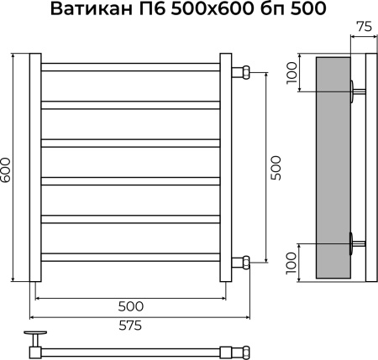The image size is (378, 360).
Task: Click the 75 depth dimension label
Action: (x=362, y=26)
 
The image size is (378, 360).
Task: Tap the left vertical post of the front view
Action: (x=34, y=168)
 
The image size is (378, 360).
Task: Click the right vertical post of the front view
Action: (x=225, y=168)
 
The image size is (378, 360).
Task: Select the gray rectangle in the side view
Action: (x=333, y=168)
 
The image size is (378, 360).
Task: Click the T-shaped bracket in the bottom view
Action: (x=36, y=341)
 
